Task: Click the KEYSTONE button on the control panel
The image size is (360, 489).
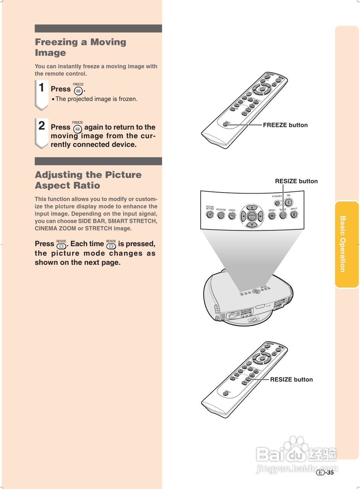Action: (x=221, y=215)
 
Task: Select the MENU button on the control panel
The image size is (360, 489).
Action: (x=272, y=215)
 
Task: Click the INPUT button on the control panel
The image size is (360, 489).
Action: (x=294, y=214)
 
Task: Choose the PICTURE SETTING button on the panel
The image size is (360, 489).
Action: (x=210, y=215)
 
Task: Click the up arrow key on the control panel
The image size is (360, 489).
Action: (x=252, y=207)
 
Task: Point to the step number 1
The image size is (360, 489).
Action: (x=42, y=88)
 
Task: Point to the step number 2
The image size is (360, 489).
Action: (x=42, y=126)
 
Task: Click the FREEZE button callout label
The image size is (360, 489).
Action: (x=285, y=125)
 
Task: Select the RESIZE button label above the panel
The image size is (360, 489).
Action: (x=296, y=181)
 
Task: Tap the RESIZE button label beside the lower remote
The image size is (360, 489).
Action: (x=291, y=379)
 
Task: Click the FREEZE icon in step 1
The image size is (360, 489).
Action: (x=78, y=91)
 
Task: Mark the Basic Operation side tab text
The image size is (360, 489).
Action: (x=342, y=244)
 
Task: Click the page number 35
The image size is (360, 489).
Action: (x=330, y=473)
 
